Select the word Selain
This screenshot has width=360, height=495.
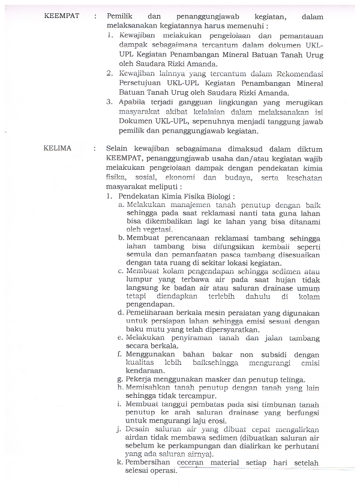pos(118,148)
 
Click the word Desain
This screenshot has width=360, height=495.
pos(139,430)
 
